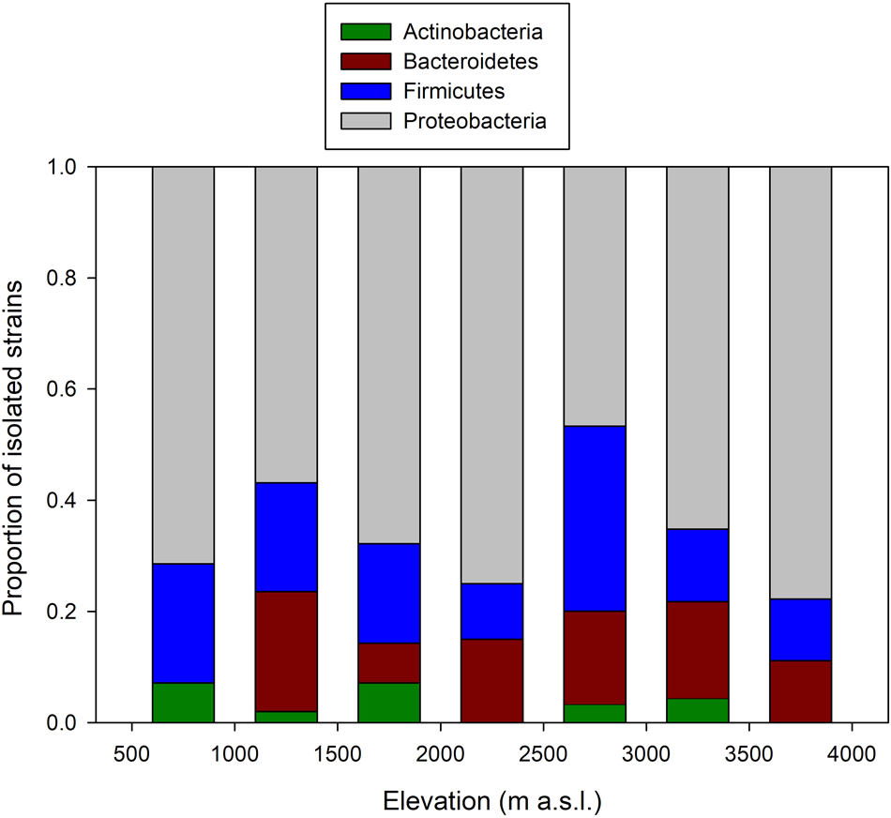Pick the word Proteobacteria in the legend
(x=475, y=120)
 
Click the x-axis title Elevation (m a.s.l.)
(x=491, y=800)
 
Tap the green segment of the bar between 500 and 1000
(x=183, y=703)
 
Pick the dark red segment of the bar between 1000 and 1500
(x=286, y=651)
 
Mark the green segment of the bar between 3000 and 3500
(x=697, y=710)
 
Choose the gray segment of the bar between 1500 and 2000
(x=388, y=355)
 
